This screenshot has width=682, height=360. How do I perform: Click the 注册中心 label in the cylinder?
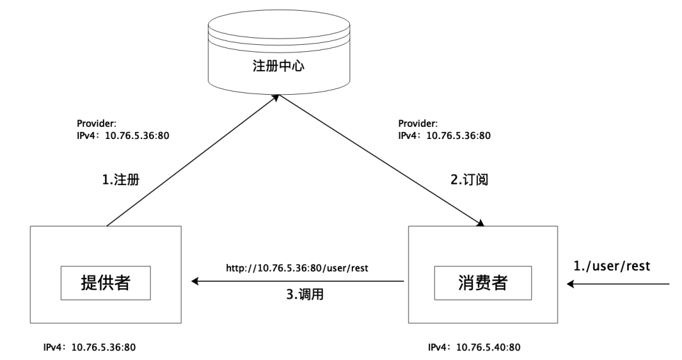(x=278, y=66)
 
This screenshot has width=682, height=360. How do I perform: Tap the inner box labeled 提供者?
(x=105, y=283)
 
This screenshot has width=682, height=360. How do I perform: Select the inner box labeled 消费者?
(x=483, y=283)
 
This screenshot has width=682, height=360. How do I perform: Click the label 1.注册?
(x=121, y=179)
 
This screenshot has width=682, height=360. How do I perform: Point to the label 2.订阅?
(x=469, y=179)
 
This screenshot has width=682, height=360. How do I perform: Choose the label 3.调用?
(x=305, y=295)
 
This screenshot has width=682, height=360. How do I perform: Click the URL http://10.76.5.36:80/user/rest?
(x=297, y=268)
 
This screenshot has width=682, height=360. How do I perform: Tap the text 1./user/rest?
(x=611, y=266)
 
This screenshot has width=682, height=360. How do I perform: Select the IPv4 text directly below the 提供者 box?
(x=90, y=347)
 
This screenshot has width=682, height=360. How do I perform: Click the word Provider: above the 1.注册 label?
(x=97, y=124)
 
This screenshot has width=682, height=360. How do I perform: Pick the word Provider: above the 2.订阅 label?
(x=418, y=124)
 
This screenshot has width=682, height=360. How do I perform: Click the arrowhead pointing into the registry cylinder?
(x=275, y=97)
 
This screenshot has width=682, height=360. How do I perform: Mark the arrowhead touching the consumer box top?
(x=480, y=224)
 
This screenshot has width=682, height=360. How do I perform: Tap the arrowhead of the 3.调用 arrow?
(x=195, y=281)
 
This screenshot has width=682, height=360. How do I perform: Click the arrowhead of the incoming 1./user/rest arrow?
(x=570, y=284)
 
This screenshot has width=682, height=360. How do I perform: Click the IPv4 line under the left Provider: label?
(x=123, y=136)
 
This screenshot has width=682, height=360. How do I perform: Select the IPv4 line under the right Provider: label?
(x=445, y=136)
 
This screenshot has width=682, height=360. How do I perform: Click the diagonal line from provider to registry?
(x=193, y=160)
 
